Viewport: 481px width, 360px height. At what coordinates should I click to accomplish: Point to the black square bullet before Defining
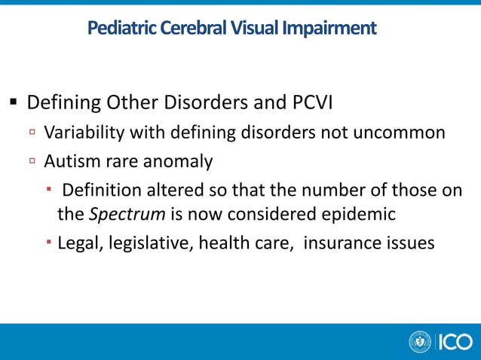click(x=14, y=102)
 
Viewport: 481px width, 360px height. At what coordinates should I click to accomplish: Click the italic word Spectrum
click(x=128, y=214)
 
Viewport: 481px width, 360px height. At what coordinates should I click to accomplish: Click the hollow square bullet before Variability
click(x=33, y=133)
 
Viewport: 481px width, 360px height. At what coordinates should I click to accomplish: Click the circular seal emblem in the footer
click(x=420, y=342)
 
